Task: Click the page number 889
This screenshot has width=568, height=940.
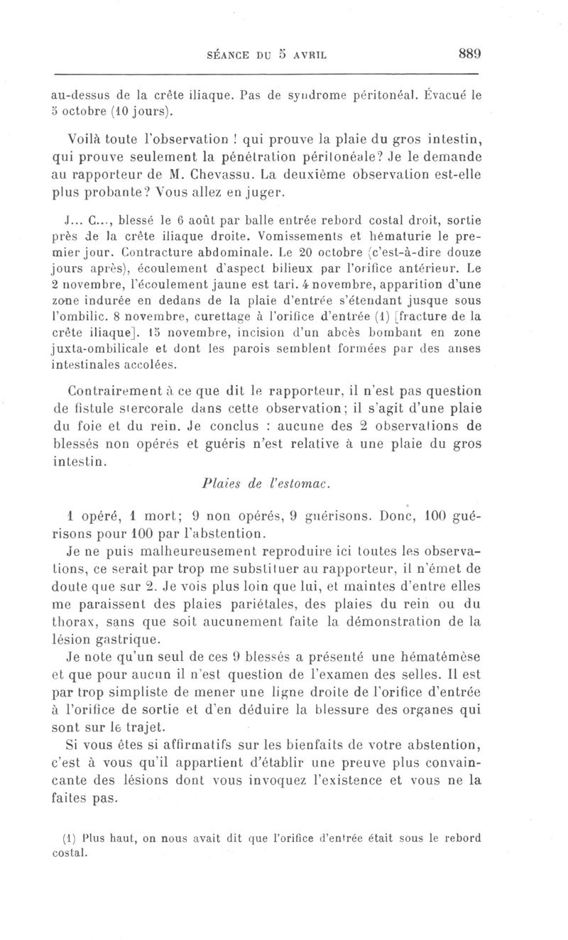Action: tap(468, 53)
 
